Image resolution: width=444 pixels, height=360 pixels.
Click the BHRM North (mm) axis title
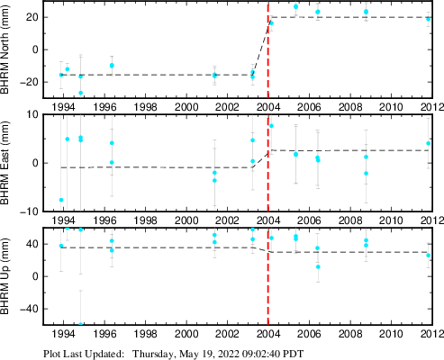pos(5,49)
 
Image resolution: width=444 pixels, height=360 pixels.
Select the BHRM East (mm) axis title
pos(5,163)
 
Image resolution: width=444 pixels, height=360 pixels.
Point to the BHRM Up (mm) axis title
pos(5,276)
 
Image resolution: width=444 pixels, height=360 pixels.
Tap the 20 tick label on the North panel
pos(32,17)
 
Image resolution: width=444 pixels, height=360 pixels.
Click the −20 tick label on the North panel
pos(30,82)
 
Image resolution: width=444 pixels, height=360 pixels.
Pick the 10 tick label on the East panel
pos(32,114)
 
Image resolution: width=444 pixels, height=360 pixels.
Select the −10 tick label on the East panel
pos(30,211)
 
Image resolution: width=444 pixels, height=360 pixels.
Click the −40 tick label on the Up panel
pos(30,309)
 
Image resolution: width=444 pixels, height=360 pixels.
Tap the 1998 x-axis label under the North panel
pos(145,107)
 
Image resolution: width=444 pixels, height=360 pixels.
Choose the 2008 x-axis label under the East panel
pos(350,220)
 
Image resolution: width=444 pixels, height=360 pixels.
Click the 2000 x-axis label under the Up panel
pos(186,334)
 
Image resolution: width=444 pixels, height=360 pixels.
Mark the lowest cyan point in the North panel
pos(80,93)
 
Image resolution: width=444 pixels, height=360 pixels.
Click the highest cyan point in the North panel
pos(295,6)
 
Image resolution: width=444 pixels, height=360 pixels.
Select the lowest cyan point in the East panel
pos(61,200)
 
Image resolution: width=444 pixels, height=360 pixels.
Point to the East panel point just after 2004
pos(271,126)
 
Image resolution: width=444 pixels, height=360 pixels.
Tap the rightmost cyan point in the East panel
pos(429,143)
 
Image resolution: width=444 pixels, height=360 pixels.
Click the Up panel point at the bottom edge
pos(80,324)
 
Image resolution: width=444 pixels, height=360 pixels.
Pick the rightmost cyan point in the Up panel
pos(429,256)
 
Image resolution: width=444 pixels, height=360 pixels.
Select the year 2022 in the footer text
pos(228,354)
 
